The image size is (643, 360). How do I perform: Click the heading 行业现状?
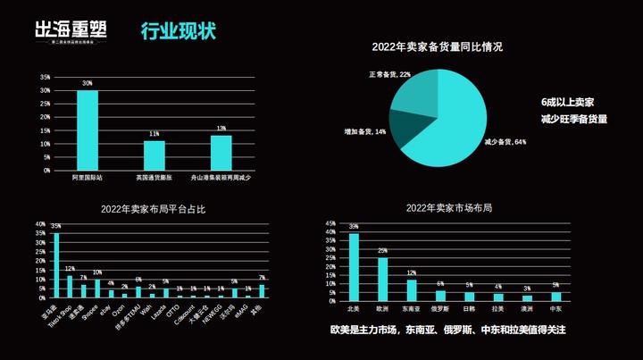pos(179,31)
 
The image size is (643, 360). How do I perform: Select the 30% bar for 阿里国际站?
pos(88,130)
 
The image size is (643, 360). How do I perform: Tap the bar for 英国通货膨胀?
pos(154,155)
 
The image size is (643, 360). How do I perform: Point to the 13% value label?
pos(221,128)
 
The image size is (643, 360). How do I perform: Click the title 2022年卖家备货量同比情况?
pos(438,46)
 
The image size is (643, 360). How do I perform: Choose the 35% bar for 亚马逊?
pos(56,264)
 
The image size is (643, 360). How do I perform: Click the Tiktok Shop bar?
pos(70,286)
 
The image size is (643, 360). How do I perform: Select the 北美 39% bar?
pos(354,266)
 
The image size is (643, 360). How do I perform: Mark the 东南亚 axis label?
pos(412,308)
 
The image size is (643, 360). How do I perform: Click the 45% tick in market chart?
pos(331,223)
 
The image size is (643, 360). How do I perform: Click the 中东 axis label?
pos(555,308)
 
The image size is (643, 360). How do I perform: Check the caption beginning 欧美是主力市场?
pos(448,331)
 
